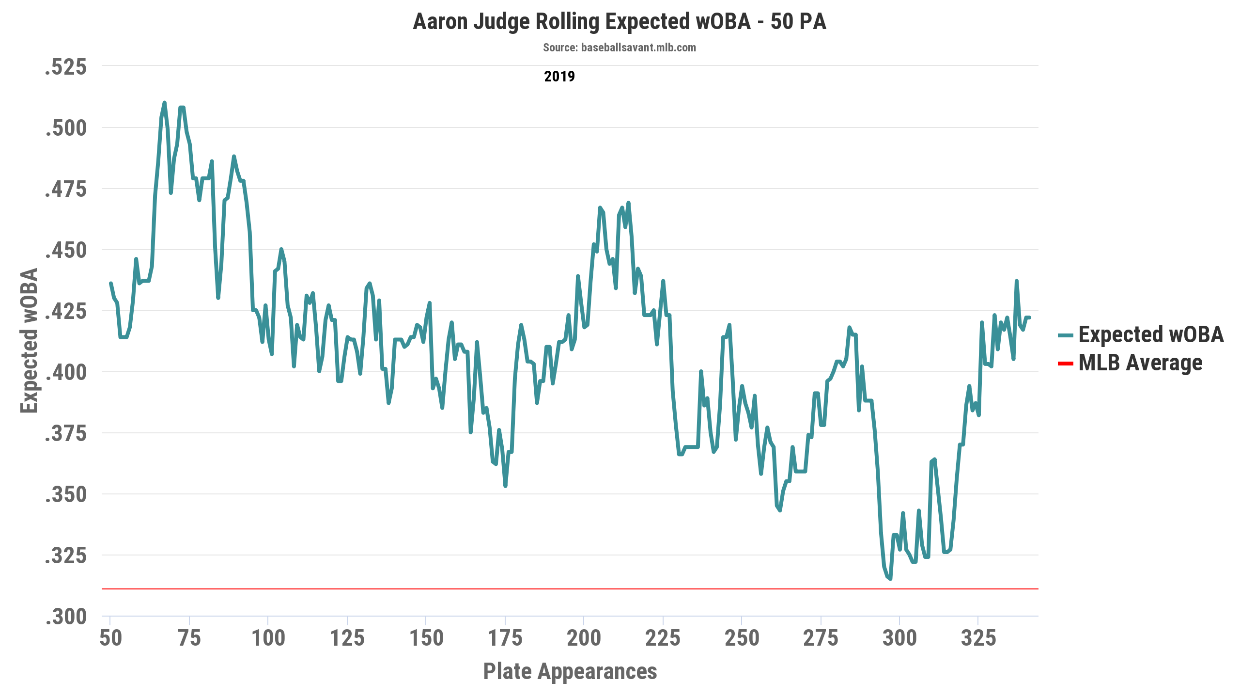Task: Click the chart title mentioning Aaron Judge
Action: [x=619, y=22]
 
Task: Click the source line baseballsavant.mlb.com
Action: [x=619, y=48]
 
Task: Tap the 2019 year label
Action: [x=559, y=76]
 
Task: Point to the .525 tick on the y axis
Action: [x=66, y=67]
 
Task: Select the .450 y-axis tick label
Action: [x=66, y=251]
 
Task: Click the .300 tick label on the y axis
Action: [x=66, y=617]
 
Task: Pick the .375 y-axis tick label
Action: [x=66, y=434]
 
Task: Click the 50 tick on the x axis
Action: [x=110, y=638]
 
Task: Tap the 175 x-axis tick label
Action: [x=505, y=638]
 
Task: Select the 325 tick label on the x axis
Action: [x=978, y=638]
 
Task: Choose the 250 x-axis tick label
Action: [x=742, y=638]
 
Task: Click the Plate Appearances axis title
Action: [x=570, y=671]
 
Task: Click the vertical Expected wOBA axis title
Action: [x=29, y=340]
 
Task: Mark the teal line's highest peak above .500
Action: [x=165, y=103]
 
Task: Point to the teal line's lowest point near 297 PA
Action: [x=890, y=578]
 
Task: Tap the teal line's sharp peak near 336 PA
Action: [x=1016, y=281]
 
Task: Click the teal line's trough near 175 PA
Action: [x=505, y=486]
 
